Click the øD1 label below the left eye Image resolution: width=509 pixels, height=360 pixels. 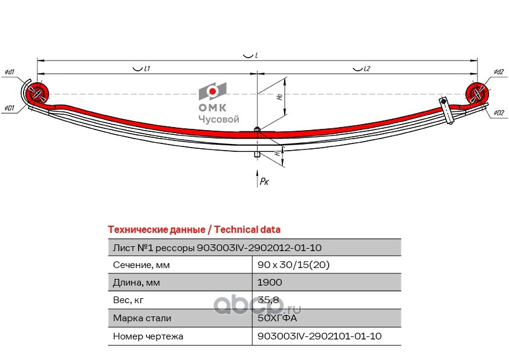[9, 108]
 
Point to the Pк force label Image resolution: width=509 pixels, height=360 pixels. [264, 181]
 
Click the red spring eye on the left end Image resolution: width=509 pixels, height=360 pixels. [38, 94]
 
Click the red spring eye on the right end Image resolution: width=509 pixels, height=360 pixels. [477, 93]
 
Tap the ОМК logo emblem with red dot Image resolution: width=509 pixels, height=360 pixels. [212, 91]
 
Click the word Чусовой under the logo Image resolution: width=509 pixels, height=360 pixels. [219, 120]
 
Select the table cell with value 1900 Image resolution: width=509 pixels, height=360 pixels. [270, 282]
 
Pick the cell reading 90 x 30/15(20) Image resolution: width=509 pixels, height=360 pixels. [293, 265]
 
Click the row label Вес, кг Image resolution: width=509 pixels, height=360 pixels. [129, 300]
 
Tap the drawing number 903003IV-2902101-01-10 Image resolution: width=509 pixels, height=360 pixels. [319, 336]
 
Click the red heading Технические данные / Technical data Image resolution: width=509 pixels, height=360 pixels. [193, 230]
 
